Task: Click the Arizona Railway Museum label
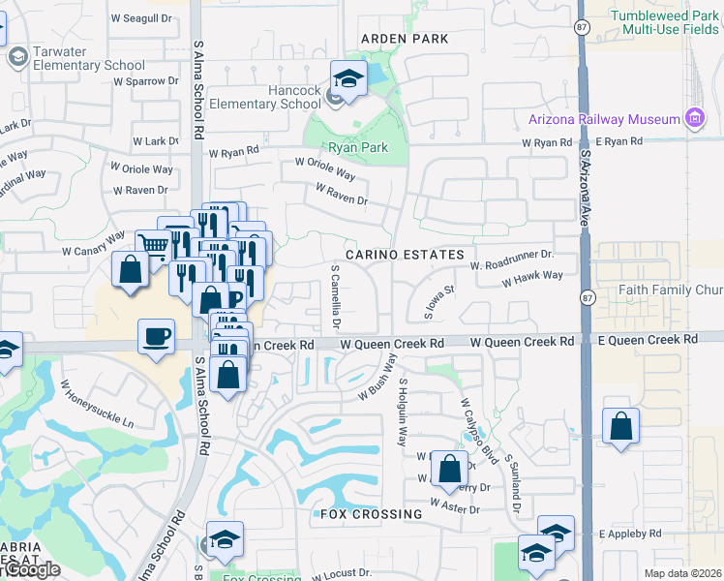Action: (605, 119)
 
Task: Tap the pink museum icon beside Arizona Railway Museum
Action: (693, 118)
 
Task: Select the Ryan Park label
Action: (358, 148)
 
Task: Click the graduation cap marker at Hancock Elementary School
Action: (347, 78)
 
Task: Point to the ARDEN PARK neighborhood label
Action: (405, 39)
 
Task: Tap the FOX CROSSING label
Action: (371, 514)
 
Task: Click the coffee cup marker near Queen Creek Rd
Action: (157, 338)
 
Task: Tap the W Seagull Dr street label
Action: (143, 18)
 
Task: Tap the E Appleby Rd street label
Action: (629, 534)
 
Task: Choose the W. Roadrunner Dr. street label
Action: (510, 260)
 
